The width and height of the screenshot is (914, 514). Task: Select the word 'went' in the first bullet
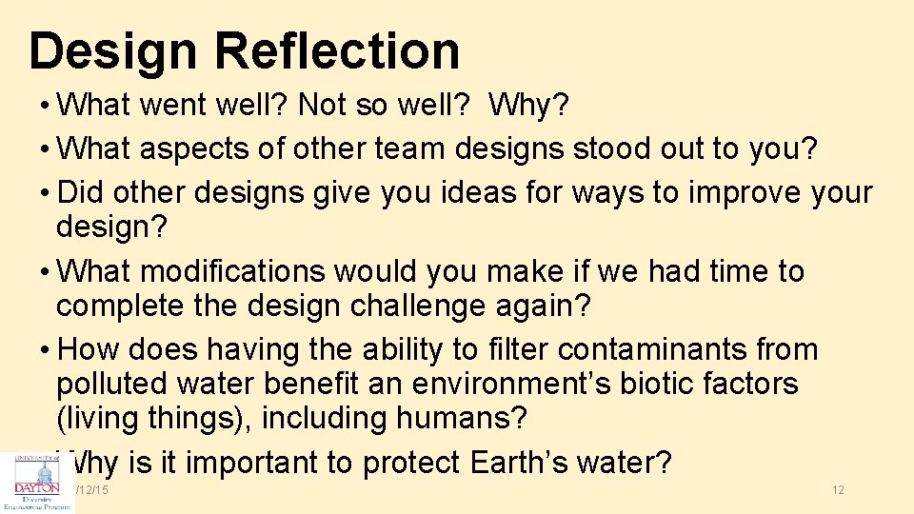173,106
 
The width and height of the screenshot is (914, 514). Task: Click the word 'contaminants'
652,349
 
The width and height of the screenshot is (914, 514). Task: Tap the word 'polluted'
114,385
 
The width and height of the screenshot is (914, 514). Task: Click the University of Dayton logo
36,482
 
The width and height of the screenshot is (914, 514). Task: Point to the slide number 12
838,489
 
